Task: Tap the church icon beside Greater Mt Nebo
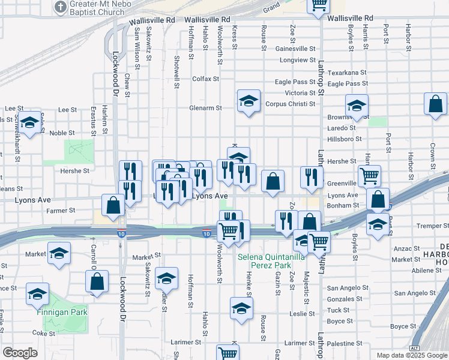pos(60,7)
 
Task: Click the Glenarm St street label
pos(205,108)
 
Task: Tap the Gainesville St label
pos(295,49)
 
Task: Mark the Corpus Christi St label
pos(291,104)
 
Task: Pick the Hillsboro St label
pos(345,139)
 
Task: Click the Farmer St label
pos(61,211)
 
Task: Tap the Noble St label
pos(62,133)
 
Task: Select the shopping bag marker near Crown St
pos(435,104)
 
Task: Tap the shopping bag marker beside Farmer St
pos(113,205)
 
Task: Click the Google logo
pos(20,353)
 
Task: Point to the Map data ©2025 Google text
pos(411,355)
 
